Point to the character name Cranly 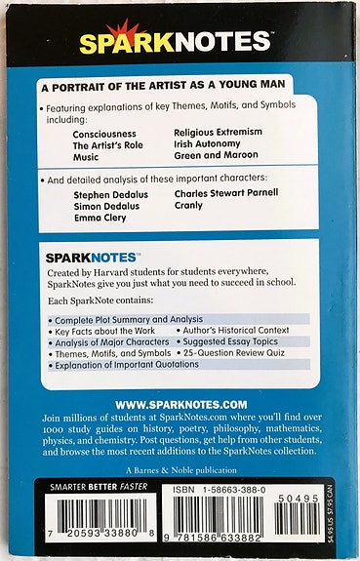tap(190, 206)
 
